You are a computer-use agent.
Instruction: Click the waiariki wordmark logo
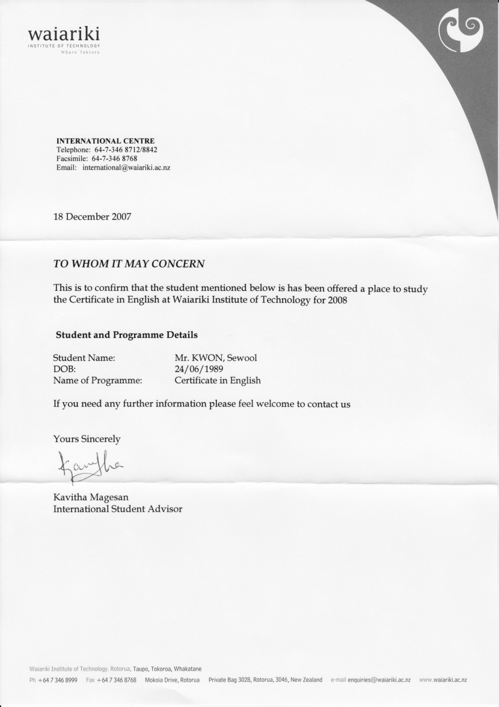coord(63,34)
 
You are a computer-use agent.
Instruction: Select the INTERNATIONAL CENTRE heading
coord(105,141)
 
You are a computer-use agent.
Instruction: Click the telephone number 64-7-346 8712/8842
coord(126,150)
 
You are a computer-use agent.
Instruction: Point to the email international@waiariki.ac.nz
coord(130,168)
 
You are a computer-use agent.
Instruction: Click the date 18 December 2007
coord(92,216)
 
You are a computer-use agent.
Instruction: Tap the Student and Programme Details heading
coord(126,334)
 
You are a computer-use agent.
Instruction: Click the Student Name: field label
coord(84,358)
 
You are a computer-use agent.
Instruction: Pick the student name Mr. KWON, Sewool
coord(216,358)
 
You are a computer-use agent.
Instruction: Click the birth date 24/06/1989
coord(199,369)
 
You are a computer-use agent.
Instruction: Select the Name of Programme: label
coord(98,380)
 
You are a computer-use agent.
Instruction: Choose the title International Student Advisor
coord(118,509)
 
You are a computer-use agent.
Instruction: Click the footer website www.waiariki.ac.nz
coord(443,680)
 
